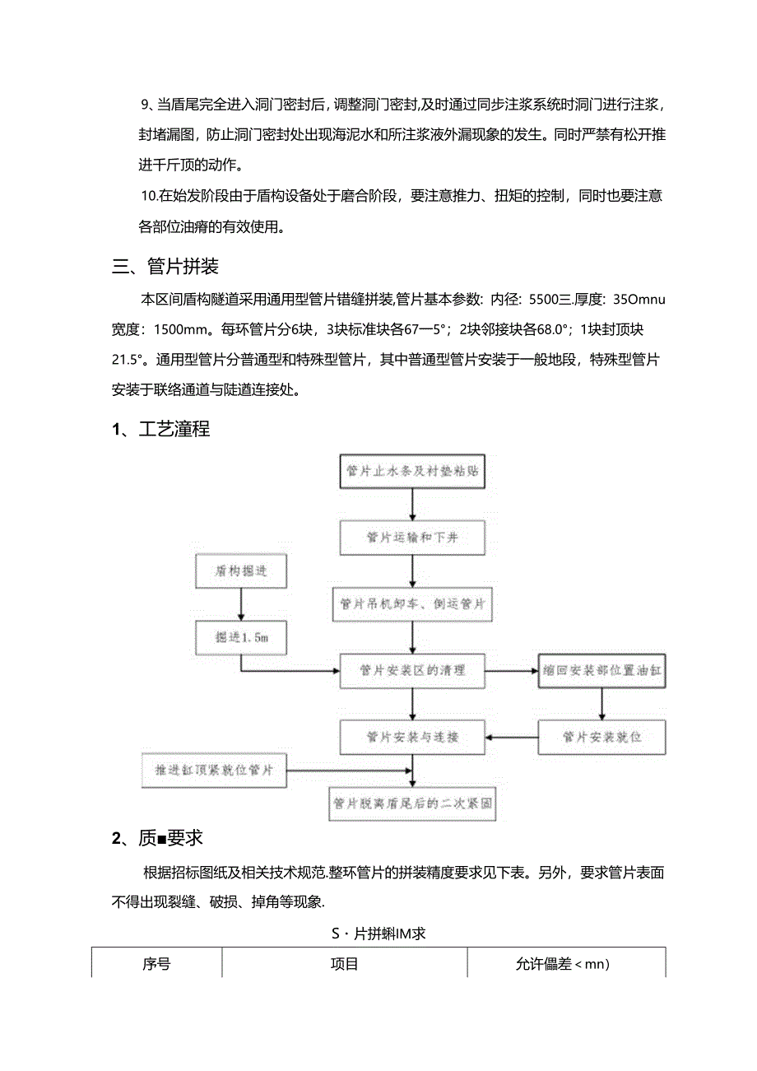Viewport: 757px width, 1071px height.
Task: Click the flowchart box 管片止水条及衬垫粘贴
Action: pyautogui.click(x=411, y=473)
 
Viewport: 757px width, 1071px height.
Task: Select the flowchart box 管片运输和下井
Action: pyautogui.click(x=411, y=538)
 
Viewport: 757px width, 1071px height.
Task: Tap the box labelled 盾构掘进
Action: pyautogui.click(x=241, y=571)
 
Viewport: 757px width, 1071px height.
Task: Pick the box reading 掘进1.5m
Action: pyautogui.click(x=241, y=636)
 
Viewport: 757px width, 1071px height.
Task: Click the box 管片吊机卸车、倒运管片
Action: pyautogui.click(x=411, y=604)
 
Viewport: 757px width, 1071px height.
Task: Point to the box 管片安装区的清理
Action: pyautogui.click(x=411, y=670)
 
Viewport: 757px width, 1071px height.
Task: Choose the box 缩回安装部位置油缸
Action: pyautogui.click(x=601, y=670)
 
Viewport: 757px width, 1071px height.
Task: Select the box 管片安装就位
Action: pyautogui.click(x=601, y=737)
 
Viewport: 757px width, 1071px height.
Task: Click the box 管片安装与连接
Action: pyautogui.click(x=411, y=737)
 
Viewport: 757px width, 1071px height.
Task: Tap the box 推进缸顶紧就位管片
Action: pyautogui.click(x=214, y=771)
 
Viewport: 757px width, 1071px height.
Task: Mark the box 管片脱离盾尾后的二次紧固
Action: pyautogui.click(x=411, y=803)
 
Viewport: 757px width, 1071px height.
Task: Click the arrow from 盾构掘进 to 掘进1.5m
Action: pyautogui.click(x=241, y=603)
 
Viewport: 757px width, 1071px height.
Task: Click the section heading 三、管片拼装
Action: pyautogui.click(x=165, y=268)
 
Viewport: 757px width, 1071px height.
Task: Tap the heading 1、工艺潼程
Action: pyautogui.click(x=161, y=429)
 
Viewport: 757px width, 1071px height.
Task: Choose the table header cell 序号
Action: pyautogui.click(x=156, y=963)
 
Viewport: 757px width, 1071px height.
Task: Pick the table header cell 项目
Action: pyautogui.click(x=344, y=963)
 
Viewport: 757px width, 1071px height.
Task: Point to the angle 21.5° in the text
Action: pyautogui.click(x=128, y=359)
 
